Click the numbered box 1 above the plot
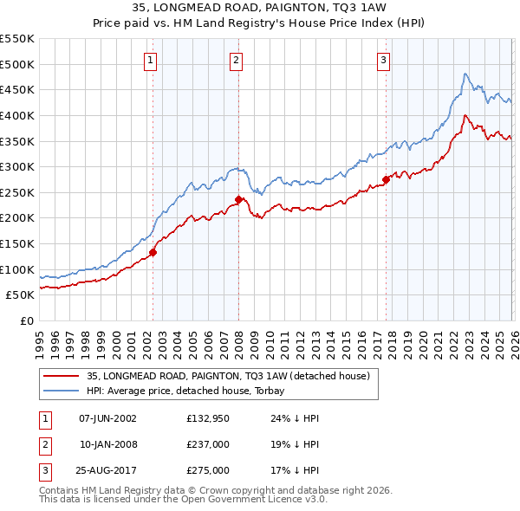(151, 60)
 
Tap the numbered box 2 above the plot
(236, 60)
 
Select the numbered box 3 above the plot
(383, 60)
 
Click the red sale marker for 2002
(153, 253)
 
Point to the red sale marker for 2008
(238, 199)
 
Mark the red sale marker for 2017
(385, 180)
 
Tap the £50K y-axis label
(21, 294)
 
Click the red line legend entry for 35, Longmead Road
(228, 376)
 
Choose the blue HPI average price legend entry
(192, 391)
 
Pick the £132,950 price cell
(207, 418)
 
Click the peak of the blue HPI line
(465, 74)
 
